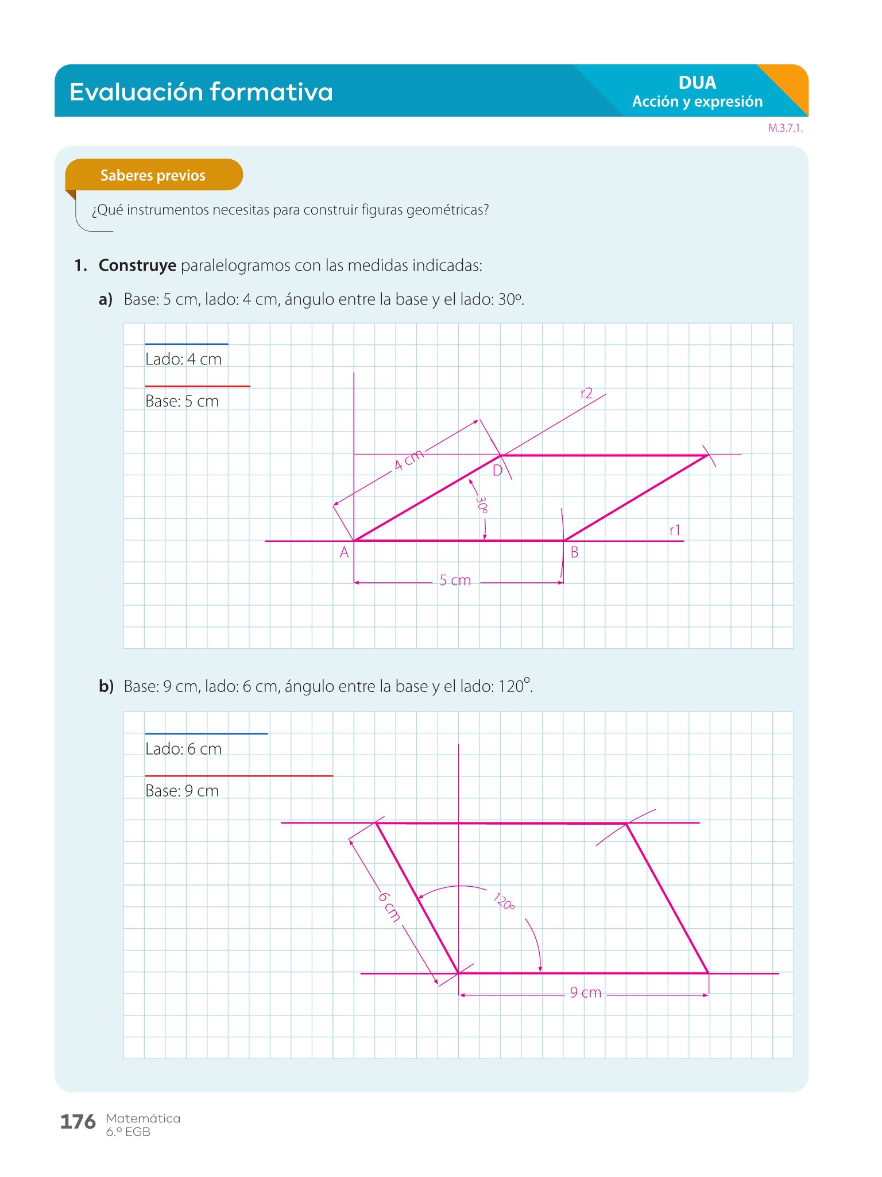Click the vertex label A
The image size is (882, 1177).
[344, 553]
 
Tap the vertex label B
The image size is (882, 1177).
[574, 553]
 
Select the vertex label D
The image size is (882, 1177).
[498, 471]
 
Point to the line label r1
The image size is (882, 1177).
[675, 530]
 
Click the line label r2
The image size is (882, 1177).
[586, 393]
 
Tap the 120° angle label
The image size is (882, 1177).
[504, 902]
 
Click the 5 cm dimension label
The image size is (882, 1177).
[455, 580]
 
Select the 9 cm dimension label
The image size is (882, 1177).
[586, 993]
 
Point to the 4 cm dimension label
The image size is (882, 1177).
[409, 460]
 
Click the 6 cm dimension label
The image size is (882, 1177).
[389, 906]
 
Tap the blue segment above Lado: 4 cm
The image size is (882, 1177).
[187, 344]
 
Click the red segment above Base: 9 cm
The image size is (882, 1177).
[239, 776]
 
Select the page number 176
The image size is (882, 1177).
[78, 1122]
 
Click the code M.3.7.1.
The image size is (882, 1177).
[786, 128]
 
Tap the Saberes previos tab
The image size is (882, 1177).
[154, 175]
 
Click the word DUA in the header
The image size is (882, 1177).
[698, 83]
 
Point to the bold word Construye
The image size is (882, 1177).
[137, 266]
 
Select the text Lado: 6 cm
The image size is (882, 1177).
[183, 749]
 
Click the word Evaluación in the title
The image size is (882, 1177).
[136, 92]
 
